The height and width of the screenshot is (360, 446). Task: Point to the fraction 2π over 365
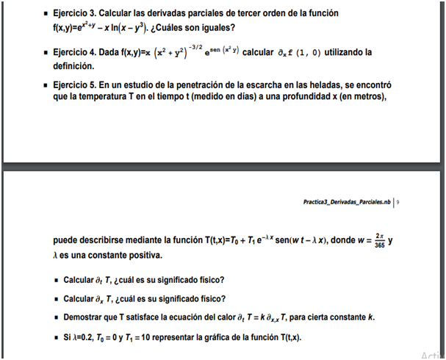[x=378, y=240]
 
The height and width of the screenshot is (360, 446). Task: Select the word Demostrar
[x=88, y=317]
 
